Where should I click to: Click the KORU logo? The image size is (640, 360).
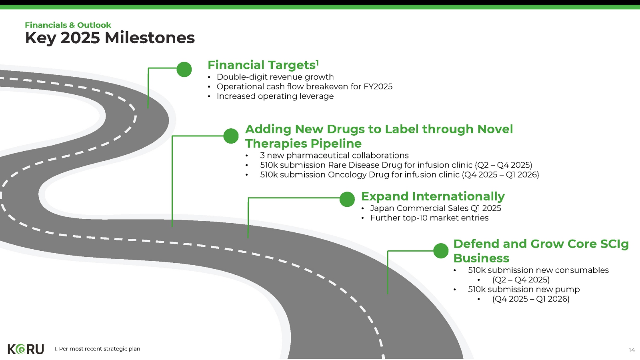[x=26, y=349]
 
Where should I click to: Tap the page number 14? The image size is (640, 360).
[x=632, y=350]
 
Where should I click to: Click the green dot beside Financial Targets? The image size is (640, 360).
[x=184, y=70]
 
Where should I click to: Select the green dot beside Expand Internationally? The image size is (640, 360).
[x=347, y=199]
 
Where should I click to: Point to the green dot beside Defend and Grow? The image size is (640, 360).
[x=441, y=251]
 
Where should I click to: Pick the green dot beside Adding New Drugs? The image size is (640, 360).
[x=231, y=136]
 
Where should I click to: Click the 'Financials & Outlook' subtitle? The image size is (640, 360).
[x=68, y=25]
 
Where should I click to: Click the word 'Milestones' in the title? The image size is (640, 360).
[x=150, y=38]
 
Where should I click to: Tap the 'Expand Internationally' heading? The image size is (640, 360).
[x=433, y=196]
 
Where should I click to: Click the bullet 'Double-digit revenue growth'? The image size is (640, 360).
[x=275, y=77]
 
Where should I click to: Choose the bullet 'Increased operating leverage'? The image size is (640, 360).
[x=275, y=96]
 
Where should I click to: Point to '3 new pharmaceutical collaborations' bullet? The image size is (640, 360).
[x=334, y=156]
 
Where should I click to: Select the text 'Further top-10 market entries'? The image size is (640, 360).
[x=430, y=218]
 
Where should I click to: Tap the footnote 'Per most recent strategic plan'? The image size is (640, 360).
[x=100, y=349]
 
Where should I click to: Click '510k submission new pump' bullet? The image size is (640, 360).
[x=524, y=290]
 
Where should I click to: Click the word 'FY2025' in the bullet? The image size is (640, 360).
[x=378, y=86]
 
